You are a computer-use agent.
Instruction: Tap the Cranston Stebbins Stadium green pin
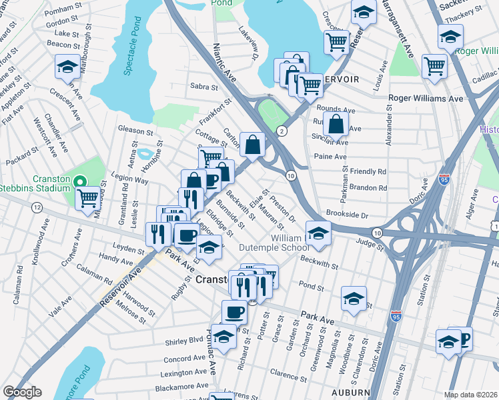coord(80,181)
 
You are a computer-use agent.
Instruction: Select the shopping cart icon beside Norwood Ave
coord(87,198)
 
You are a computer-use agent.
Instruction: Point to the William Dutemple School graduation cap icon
coord(319,233)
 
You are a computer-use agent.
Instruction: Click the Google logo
coord(22,392)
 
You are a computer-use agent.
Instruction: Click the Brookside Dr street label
coord(347,215)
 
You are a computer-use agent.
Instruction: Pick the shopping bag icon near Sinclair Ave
coord(338,122)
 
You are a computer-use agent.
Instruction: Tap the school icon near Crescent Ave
coord(67,67)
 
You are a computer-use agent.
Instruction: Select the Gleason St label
coord(135,130)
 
